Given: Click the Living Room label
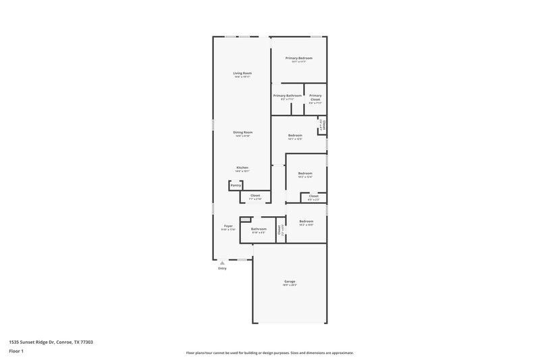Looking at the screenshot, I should [242, 73].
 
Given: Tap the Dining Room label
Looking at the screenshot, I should [242, 132].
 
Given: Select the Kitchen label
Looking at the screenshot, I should [242, 168].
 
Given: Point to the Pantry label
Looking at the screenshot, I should [236, 184].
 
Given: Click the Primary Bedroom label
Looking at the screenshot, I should [299, 58].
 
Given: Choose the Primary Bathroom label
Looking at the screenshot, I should [288, 96].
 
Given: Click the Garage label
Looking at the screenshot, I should [290, 282].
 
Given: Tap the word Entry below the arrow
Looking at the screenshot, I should [222, 269].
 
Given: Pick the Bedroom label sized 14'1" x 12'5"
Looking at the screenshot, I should [295, 136].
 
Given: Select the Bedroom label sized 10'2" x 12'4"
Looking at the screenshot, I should [306, 174].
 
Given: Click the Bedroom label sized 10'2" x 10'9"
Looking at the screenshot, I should [306, 222].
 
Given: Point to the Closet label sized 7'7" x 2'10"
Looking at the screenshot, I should [255, 196].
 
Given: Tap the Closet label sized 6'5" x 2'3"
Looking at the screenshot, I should [314, 197].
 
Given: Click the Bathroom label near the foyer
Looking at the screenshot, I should [259, 229].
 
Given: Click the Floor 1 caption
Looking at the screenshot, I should [16, 352].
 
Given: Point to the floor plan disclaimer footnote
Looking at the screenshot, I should [270, 353].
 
